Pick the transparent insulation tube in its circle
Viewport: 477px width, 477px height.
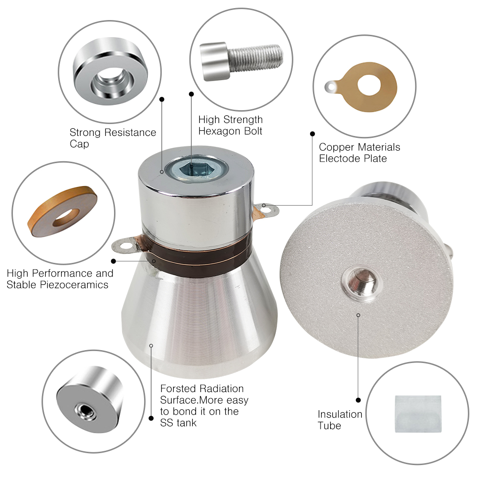[418, 414]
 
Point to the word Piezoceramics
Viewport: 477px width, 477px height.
[79, 285]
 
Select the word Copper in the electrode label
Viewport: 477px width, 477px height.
[335, 147]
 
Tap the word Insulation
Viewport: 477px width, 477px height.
[340, 414]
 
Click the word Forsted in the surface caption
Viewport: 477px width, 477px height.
[177, 388]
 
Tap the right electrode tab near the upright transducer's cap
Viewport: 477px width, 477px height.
[266, 209]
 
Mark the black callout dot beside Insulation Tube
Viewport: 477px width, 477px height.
[358, 400]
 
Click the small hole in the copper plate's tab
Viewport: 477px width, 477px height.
[331, 88]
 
